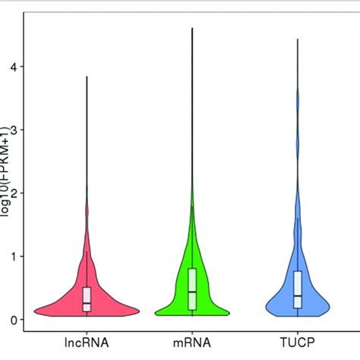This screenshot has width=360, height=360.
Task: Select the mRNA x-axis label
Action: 192,343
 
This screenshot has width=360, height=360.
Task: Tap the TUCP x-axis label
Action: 298,343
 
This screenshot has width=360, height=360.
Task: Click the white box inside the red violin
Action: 87,299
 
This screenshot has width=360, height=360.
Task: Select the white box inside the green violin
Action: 192,289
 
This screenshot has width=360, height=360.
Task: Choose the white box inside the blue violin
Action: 298,289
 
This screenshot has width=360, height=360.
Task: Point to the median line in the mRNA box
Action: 192,292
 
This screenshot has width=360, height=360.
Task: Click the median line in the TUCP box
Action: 298,295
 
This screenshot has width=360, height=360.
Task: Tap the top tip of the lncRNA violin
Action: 87,77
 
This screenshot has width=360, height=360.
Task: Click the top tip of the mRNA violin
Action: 192,28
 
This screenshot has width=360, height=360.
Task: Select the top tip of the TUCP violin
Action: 298,39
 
